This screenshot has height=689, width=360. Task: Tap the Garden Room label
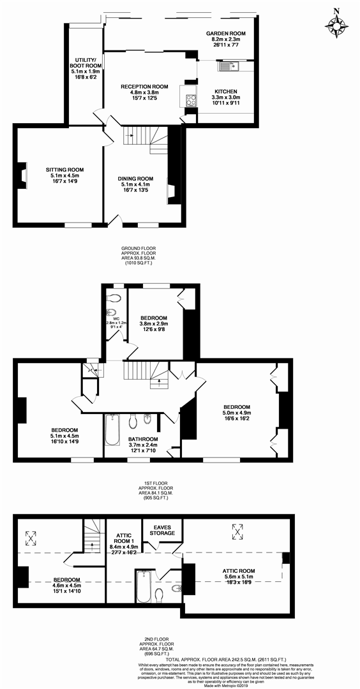tap(225, 38)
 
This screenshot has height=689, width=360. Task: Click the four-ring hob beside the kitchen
tap(190, 100)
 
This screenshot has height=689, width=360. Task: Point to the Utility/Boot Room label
tap(84, 66)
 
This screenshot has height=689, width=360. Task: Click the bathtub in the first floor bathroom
tap(114, 429)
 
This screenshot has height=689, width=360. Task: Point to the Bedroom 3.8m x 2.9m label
tap(154, 323)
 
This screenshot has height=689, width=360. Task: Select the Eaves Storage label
tap(162, 530)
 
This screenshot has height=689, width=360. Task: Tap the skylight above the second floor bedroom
tap(29, 535)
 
